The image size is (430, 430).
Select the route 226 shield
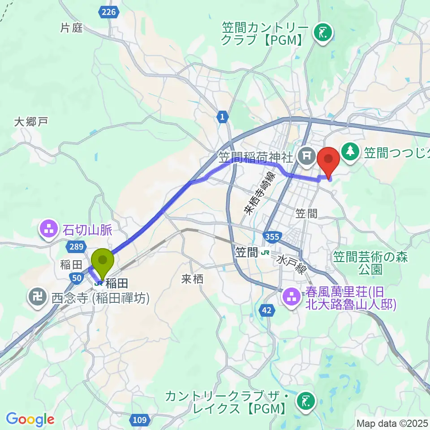coord(110,13)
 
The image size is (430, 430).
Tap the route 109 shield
coord(140,420)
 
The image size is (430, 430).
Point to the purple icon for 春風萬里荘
coord(292,296)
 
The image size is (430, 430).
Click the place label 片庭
coord(72,28)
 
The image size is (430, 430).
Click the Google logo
coord(30,420)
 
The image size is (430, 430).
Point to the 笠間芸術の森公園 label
coord(357,262)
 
